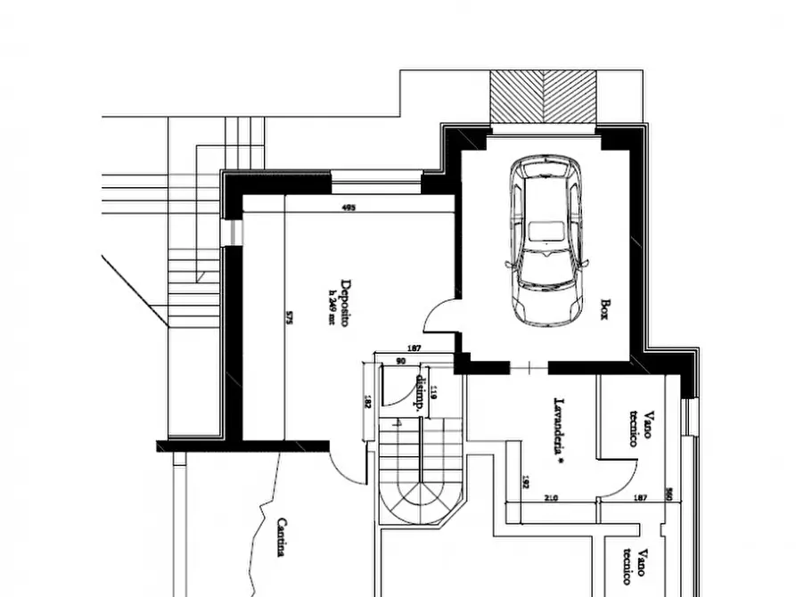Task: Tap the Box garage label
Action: pyautogui.click(x=605, y=309)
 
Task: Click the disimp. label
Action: pyautogui.click(x=418, y=391)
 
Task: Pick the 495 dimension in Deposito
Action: pyautogui.click(x=349, y=208)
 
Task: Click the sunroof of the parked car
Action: pyautogui.click(x=545, y=231)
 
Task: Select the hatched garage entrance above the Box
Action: pyautogui.click(x=544, y=98)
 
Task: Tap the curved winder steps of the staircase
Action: pyautogui.click(x=417, y=503)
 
